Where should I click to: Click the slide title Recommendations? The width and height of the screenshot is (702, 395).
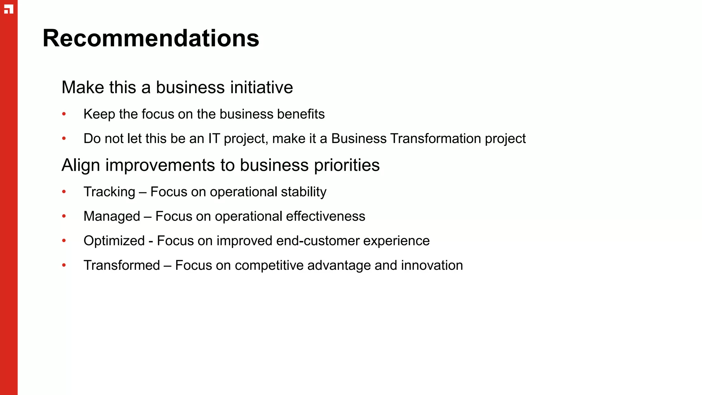151,38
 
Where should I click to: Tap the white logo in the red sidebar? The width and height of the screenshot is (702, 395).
9,9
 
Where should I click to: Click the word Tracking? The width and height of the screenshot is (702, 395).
109,192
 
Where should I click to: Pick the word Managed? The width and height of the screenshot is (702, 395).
112,216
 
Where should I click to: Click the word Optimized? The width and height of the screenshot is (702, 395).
114,241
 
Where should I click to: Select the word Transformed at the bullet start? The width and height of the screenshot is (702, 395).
122,265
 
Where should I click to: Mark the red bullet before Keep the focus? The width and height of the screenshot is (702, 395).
64,114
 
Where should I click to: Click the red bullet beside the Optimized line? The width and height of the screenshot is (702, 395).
64,241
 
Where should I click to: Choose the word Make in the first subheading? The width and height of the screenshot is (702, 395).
83,87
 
